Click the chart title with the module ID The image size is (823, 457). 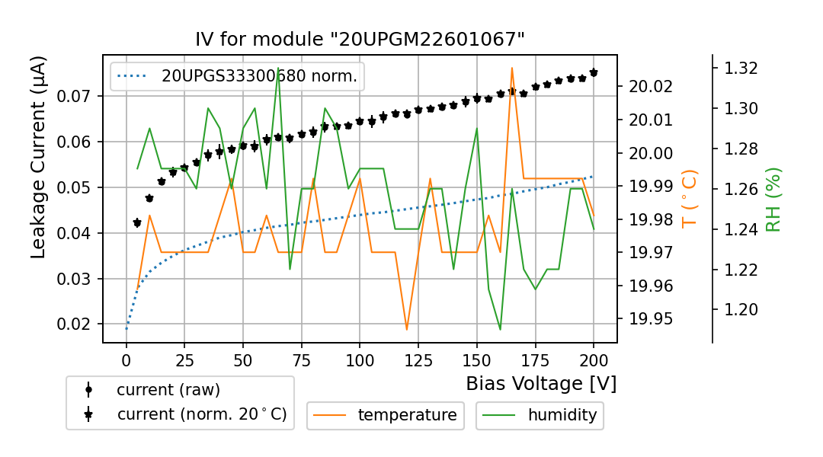click(360, 40)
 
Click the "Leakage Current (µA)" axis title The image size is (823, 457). click(39, 158)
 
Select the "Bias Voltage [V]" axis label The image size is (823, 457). click(541, 383)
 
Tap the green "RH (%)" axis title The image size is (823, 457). click(773, 200)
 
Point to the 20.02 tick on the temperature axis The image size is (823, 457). click(650, 86)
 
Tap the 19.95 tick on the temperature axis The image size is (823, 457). click(650, 318)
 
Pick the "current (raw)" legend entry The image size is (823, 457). click(168, 390)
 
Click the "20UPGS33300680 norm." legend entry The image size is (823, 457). click(259, 76)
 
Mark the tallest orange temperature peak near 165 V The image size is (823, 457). click(512, 68)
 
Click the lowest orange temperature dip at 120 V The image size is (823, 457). click(407, 329)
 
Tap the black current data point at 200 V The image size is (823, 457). click(594, 72)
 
